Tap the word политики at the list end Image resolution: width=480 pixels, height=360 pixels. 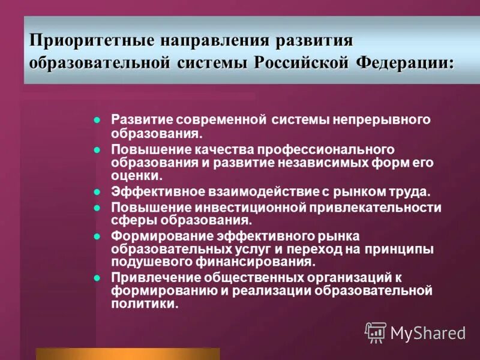(144, 304)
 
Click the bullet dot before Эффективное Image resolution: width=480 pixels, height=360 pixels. (97, 193)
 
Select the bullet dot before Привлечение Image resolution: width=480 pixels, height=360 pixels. (97, 277)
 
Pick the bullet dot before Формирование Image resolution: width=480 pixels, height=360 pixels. (97, 236)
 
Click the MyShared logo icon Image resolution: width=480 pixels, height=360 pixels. (376, 332)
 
